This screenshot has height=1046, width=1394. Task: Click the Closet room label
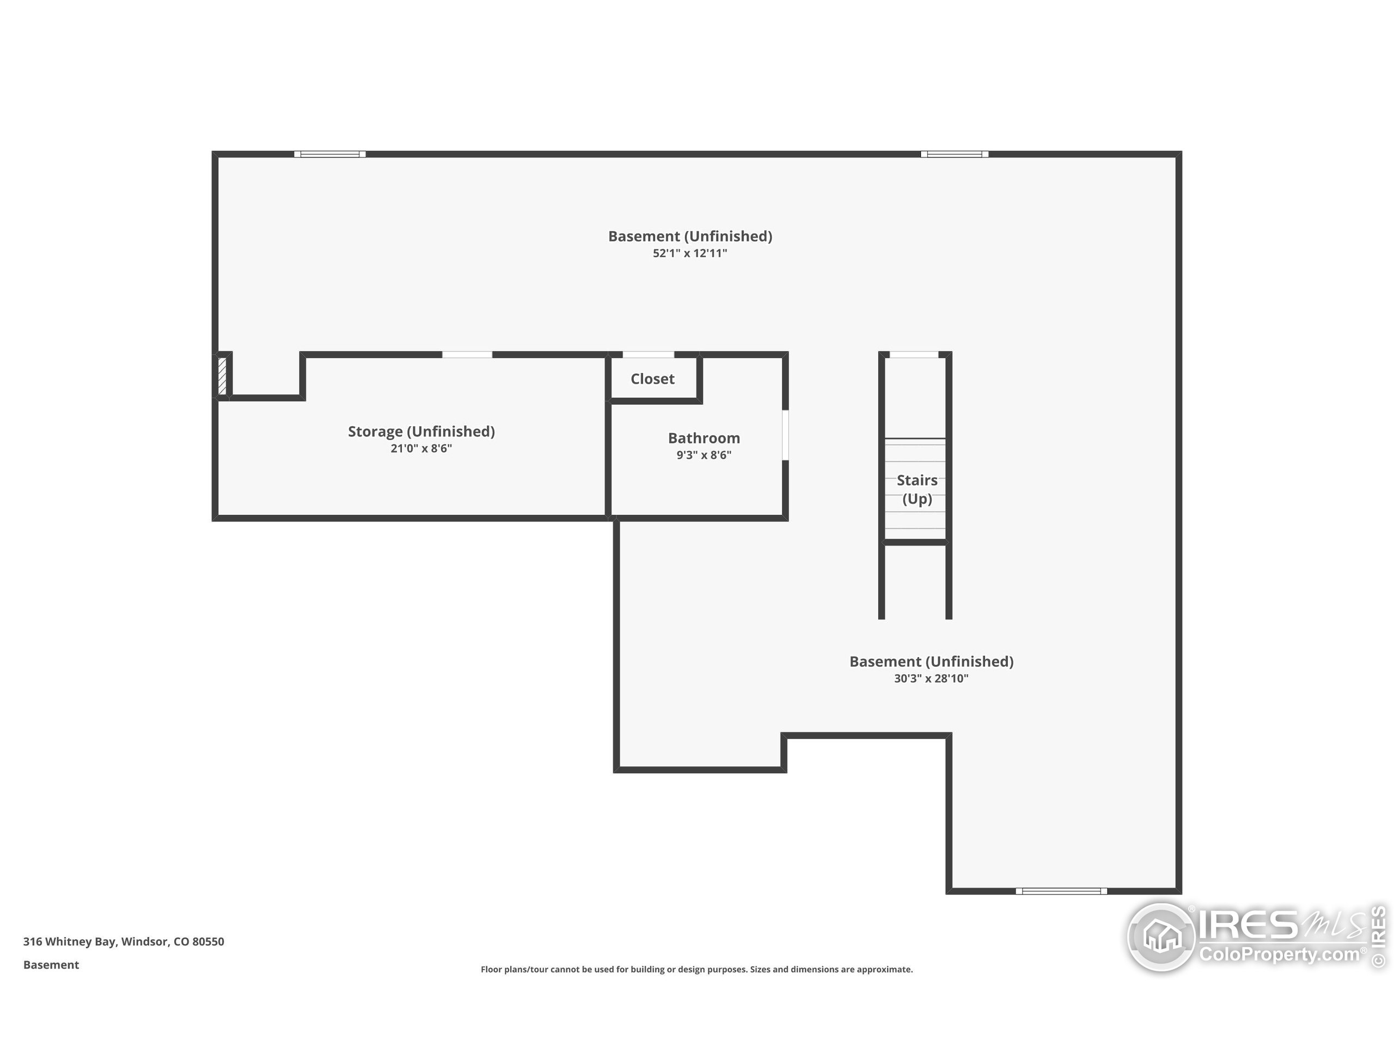652,379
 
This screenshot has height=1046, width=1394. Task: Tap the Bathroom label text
704,438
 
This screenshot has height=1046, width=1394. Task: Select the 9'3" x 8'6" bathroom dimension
704,455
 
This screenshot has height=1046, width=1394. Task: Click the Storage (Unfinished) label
421,431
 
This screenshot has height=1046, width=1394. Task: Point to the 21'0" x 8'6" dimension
421,448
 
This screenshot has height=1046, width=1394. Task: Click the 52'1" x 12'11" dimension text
689,253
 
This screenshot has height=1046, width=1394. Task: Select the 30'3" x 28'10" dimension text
931,678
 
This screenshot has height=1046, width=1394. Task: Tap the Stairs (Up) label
916,489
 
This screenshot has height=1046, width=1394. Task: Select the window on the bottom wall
1061,891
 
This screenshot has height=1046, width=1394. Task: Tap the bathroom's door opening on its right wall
785,435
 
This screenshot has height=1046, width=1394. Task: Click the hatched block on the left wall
222,376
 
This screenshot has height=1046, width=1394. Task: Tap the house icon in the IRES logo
1161,936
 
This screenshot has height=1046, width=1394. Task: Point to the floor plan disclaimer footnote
696,969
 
